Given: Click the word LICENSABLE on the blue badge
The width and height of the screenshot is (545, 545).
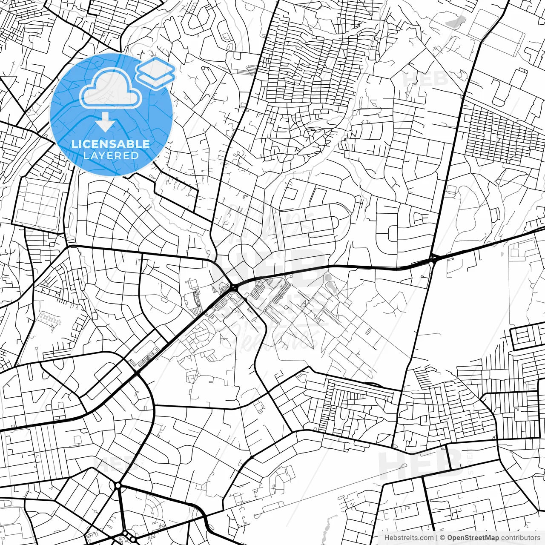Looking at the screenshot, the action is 111,144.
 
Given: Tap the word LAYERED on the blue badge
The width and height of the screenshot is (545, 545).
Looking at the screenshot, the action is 111,155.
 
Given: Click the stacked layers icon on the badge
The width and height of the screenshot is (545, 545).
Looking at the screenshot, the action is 155,72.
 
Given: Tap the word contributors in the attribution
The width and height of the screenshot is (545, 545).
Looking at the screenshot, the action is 521,538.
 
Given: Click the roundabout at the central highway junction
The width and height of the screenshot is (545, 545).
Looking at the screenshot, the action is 233,288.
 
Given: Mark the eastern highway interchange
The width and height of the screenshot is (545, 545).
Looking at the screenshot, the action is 433,258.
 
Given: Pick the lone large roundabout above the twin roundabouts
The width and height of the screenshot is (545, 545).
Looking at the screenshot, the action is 118,485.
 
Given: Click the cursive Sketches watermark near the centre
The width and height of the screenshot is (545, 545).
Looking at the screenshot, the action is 279,336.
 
